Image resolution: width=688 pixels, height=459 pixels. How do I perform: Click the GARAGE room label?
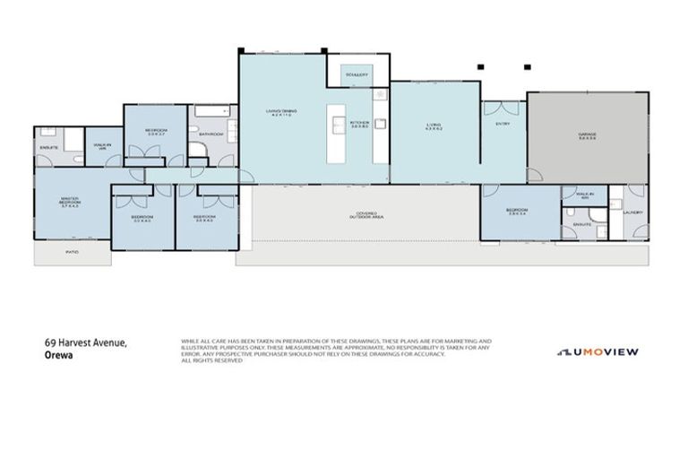tap(587, 135)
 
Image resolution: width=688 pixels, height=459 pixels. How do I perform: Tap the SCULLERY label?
tap(357, 75)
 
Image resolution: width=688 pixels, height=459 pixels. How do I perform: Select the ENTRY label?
tap(503, 124)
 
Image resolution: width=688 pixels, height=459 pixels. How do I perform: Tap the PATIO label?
tap(73, 253)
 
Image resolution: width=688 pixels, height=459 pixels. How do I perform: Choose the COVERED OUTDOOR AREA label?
tap(365, 216)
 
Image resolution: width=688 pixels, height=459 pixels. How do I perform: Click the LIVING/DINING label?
tap(280, 113)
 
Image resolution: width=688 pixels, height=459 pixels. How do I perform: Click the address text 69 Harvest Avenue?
tap(87, 343)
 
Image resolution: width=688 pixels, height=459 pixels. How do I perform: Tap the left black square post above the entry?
tap(481, 65)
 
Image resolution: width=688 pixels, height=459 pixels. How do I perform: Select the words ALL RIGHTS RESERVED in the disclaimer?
tap(211, 360)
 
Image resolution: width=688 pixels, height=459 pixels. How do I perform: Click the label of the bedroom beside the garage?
tap(516, 213)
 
